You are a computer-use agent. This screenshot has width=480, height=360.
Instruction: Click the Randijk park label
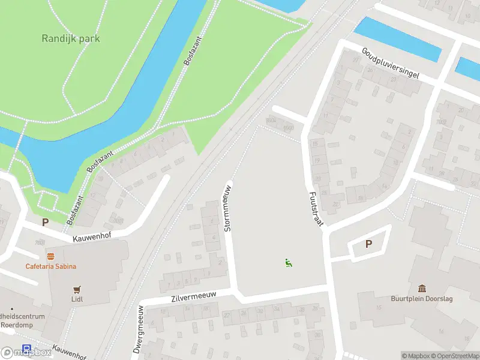tap(71, 38)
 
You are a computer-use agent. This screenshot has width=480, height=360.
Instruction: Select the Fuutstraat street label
tap(316, 208)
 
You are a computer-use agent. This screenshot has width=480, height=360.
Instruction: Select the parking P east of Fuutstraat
tap(368, 244)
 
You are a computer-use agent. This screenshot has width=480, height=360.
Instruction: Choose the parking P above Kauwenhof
tap(44, 222)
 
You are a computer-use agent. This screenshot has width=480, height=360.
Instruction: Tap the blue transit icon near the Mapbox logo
tap(26, 348)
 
